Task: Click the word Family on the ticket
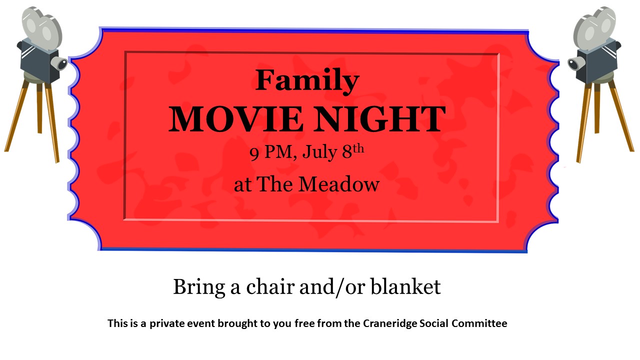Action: [307, 81]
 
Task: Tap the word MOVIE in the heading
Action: [235, 119]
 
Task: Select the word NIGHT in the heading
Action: [380, 119]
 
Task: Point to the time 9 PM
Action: [271, 152]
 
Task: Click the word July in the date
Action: [319, 152]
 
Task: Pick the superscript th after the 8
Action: [358, 148]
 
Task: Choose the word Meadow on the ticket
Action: [339, 184]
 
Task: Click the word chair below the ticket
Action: [270, 286]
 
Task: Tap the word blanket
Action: [405, 286]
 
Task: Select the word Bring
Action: [199, 287]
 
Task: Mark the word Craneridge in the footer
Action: [389, 323]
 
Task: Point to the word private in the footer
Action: [166, 323]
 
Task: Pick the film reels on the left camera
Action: [41, 27]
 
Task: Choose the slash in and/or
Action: [339, 287]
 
